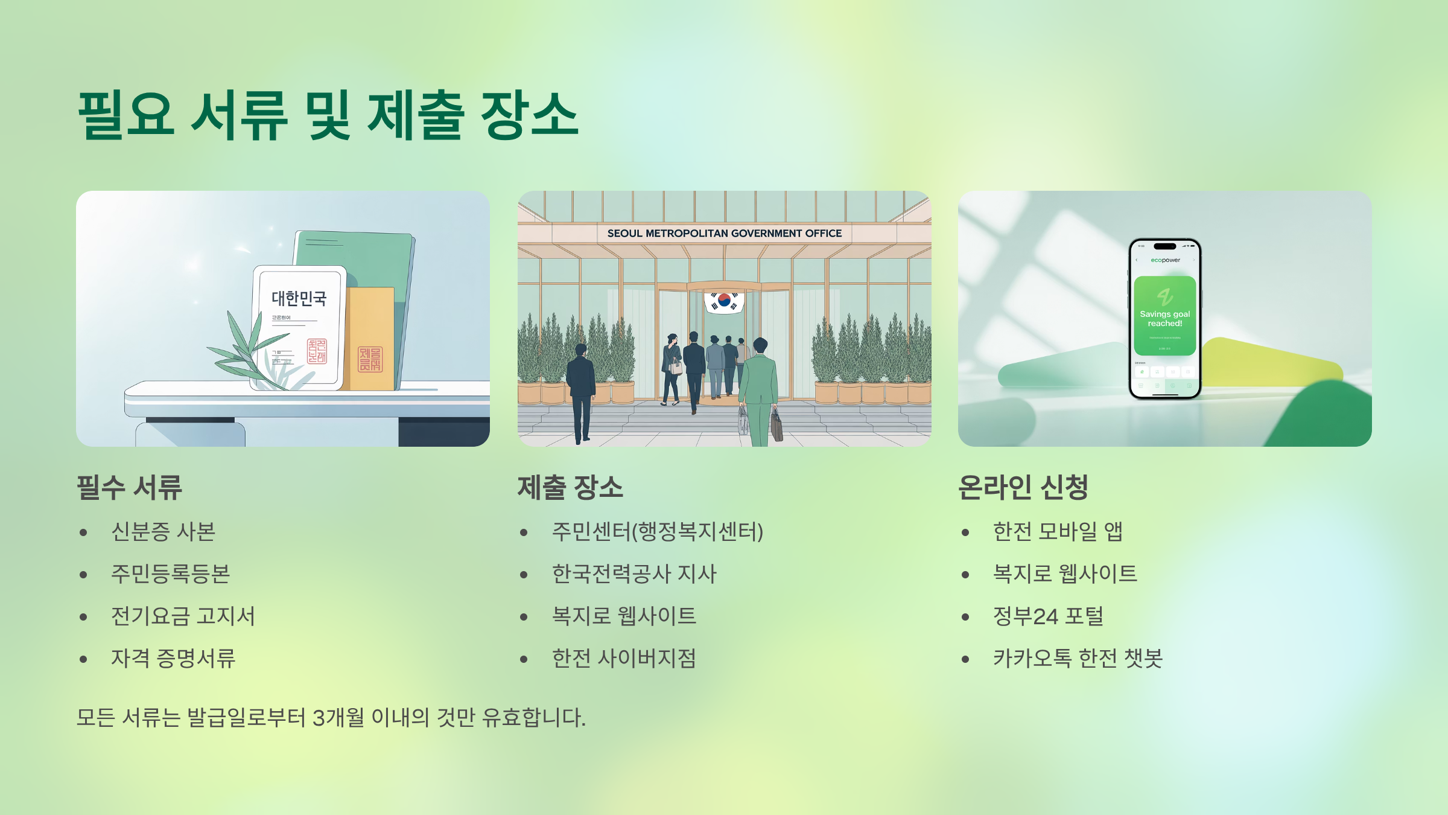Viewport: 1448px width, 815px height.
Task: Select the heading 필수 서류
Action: [x=129, y=487]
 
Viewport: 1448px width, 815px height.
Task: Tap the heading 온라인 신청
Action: [x=1023, y=487]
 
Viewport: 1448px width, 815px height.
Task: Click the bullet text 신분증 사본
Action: [x=163, y=532]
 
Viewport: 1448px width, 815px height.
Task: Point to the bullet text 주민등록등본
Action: [x=170, y=574]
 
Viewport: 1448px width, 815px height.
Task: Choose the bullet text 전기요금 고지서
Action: [x=183, y=616]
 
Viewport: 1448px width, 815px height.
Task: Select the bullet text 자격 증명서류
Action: [x=173, y=658]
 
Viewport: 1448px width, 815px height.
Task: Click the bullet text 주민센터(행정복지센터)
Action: [x=658, y=532]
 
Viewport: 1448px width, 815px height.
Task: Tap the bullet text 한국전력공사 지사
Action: [x=634, y=574]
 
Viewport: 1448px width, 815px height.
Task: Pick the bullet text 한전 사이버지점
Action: [x=624, y=658]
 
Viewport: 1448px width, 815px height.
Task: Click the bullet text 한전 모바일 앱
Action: [x=1058, y=532]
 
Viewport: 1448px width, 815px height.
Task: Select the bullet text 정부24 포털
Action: [x=1048, y=616]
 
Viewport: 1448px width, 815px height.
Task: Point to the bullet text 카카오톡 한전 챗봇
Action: [x=1078, y=658]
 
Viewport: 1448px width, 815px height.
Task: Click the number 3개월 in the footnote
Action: [x=338, y=718]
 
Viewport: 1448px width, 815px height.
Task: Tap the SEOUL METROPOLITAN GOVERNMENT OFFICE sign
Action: [x=724, y=234]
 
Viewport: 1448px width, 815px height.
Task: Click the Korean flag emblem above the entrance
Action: [x=724, y=300]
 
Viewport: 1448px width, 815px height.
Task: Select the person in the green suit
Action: [x=759, y=386]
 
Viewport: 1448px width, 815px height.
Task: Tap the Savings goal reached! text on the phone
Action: [x=1164, y=319]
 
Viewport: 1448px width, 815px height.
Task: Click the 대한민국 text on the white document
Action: [x=299, y=298]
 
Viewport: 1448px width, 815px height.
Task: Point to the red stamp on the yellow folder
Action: [x=370, y=359]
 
